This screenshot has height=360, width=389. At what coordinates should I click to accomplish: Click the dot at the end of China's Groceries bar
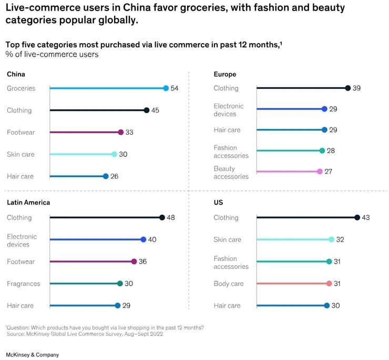pyautogui.click(x=166, y=88)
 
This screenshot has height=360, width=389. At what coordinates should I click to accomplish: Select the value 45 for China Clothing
pyautogui.click(x=155, y=111)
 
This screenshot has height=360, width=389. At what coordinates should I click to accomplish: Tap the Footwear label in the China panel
pyautogui.click(x=21, y=133)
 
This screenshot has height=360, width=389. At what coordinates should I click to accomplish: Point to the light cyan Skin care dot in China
pyautogui.click(x=114, y=154)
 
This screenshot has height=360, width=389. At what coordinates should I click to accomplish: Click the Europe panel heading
pyautogui.click(x=225, y=74)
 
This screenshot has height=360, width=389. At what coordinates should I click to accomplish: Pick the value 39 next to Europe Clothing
pyautogui.click(x=356, y=88)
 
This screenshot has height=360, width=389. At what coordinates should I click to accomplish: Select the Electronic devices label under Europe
pyautogui.click(x=229, y=110)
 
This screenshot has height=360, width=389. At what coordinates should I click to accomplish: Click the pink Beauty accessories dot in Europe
pyautogui.click(x=320, y=172)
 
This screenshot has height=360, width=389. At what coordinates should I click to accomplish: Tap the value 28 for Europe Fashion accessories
pyautogui.click(x=331, y=151)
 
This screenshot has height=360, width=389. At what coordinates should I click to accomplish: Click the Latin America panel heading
pyautogui.click(x=28, y=203)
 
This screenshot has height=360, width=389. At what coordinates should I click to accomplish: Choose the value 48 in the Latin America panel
pyautogui.click(x=171, y=218)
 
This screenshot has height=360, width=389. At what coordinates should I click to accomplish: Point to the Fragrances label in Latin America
pyautogui.click(x=24, y=284)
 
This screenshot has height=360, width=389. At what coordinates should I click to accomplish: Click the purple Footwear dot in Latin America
pyautogui.click(x=134, y=262)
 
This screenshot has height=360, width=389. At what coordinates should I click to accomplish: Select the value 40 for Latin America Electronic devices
pyautogui.click(x=152, y=239)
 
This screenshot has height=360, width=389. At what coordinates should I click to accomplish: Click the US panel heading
pyautogui.click(x=218, y=203)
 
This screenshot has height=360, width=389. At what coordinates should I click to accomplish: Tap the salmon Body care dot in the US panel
pyautogui.click(x=329, y=284)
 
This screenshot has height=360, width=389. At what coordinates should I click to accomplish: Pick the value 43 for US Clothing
pyautogui.click(x=366, y=218)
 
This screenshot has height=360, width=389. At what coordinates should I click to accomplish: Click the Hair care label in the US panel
pyautogui.click(x=227, y=306)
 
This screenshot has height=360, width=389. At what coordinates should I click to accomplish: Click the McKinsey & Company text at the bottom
pyautogui.click(x=33, y=355)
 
